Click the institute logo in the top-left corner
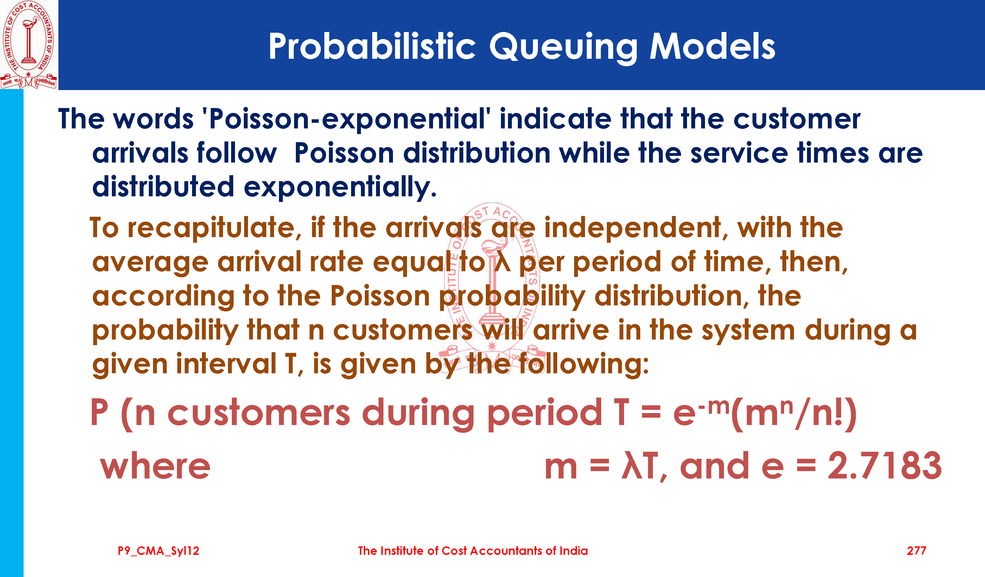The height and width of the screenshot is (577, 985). coord(29,45)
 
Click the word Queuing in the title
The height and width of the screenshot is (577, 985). coord(563,48)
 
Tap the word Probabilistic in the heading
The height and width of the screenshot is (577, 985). coord(372,46)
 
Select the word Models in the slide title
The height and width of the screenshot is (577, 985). coord(712,46)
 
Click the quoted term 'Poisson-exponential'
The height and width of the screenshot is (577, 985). coord(347,119)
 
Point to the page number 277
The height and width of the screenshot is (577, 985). coord(916,551)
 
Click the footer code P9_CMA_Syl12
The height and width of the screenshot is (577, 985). coord(159,551)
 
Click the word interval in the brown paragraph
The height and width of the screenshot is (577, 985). coord(226,363)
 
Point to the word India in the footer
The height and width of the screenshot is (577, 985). coord(574,551)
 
